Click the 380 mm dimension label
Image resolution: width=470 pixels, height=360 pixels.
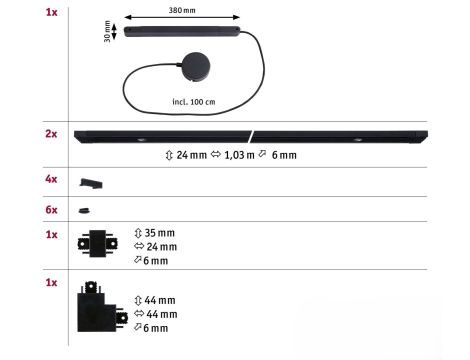[182, 10]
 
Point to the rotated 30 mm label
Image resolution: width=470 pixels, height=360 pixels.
[107, 32]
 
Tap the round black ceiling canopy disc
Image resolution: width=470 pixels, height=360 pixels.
[196, 67]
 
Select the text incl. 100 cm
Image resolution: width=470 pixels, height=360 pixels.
[194, 102]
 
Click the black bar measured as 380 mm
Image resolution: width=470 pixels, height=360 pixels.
[182, 32]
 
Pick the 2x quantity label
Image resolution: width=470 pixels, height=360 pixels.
[51, 134]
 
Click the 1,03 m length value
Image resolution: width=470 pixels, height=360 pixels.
[239, 155]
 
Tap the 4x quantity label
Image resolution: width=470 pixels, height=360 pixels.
[51, 179]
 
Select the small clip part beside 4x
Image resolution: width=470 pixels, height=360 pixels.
[91, 183]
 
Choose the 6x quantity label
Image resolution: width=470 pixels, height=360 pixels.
[51, 210]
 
